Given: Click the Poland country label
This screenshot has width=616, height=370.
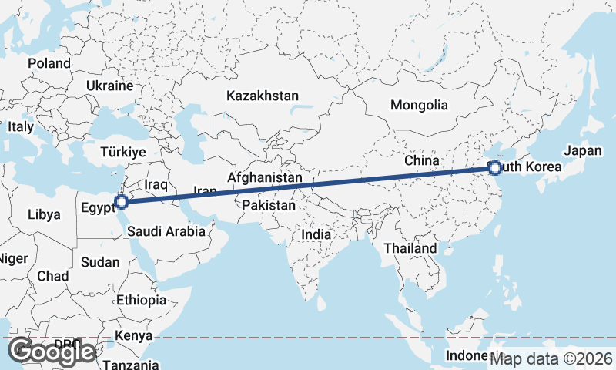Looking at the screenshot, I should (x=49, y=63).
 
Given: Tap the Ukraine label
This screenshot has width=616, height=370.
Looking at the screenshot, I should (x=111, y=85).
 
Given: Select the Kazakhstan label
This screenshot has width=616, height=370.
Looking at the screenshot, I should (x=262, y=96).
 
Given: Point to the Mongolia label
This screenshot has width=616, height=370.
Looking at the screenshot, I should (x=419, y=105).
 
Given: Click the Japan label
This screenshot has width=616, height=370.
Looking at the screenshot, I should (x=583, y=151).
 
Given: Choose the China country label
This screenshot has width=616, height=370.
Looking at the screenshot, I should (x=421, y=160).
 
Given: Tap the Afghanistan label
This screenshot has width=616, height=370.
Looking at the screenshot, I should (x=264, y=177).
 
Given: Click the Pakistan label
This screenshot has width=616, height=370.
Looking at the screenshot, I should (x=268, y=206).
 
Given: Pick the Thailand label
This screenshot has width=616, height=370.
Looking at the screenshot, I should (x=410, y=248).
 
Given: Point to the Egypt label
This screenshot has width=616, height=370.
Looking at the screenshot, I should (x=97, y=207).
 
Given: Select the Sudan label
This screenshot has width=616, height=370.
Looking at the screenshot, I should (x=100, y=262).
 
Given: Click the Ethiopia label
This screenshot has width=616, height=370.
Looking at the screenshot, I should (x=141, y=300).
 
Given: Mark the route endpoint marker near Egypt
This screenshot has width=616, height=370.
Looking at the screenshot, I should (x=121, y=203).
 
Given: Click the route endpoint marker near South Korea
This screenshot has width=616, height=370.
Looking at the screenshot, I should (x=495, y=168).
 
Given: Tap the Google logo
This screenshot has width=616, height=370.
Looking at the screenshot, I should (x=52, y=351).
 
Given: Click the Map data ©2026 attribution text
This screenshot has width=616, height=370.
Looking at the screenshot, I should (x=551, y=358).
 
